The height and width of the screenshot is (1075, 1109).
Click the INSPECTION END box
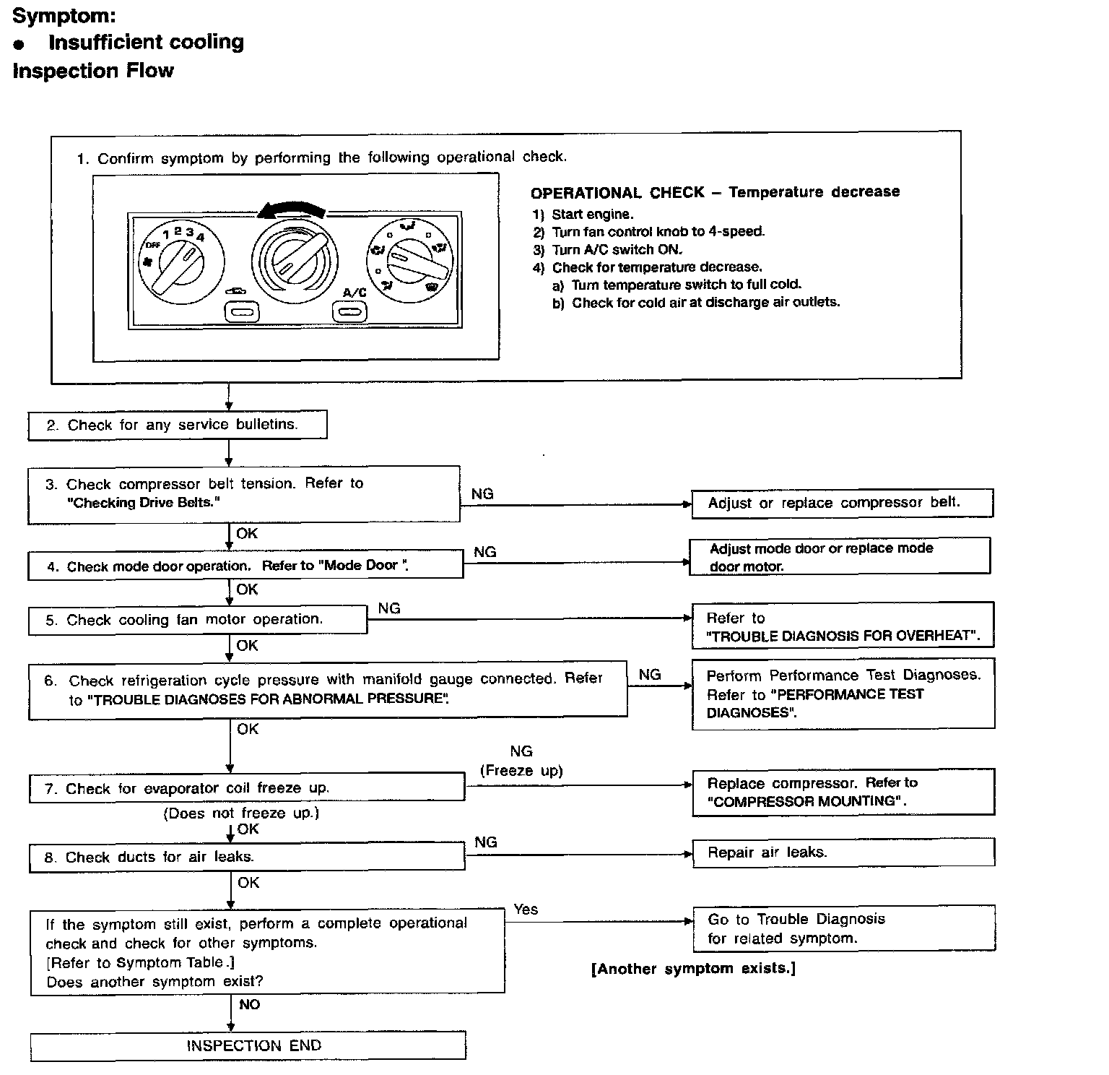pos(248,1046)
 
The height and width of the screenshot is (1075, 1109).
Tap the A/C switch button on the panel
pos(349,312)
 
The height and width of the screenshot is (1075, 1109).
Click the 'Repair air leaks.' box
pos(843,852)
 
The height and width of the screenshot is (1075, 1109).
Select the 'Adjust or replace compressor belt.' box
pos(842,503)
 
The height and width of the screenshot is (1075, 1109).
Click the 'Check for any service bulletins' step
pos(177,425)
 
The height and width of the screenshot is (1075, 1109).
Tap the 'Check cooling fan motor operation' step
pos(197,620)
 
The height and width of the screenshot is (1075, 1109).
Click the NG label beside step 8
pos(486,842)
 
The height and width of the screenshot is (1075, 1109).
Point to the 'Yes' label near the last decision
pos(526,910)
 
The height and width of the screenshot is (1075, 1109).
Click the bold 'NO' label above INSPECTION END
pos(249,1005)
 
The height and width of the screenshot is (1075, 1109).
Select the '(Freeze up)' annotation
pos(521,771)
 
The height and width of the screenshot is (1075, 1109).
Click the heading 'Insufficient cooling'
pos(146,42)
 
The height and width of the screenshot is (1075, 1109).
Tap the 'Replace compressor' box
pos(843,792)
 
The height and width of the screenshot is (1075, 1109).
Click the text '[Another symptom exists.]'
pos(693,969)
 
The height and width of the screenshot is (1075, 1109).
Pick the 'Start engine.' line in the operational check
pos(592,215)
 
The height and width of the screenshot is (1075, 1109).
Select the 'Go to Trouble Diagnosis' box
pos(843,928)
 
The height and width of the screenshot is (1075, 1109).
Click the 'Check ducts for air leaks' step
pos(247,858)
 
